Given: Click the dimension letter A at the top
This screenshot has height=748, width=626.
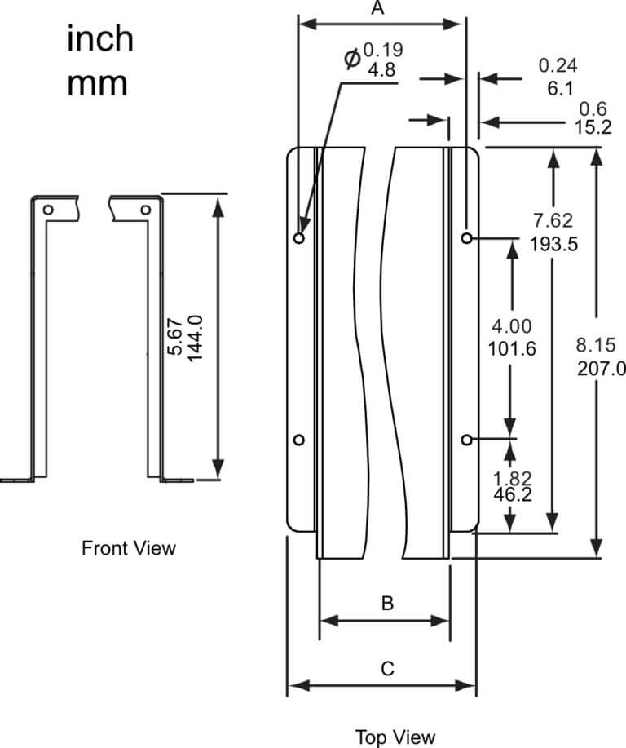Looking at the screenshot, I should [377, 9].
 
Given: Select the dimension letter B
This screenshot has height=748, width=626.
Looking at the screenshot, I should [387, 604].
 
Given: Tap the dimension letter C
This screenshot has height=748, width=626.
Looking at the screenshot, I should [387, 670].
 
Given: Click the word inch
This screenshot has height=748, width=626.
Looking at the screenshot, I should [100, 40].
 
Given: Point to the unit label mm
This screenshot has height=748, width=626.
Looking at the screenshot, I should [97, 83].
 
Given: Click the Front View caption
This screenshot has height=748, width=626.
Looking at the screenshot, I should [129, 548].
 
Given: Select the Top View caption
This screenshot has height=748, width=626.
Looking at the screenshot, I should [395, 737].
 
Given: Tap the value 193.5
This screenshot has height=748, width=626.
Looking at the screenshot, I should [553, 243].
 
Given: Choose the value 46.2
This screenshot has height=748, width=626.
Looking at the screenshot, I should [513, 494].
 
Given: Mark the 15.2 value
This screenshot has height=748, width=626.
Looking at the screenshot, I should [593, 127].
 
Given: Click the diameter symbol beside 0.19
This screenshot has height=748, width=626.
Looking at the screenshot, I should [352, 59].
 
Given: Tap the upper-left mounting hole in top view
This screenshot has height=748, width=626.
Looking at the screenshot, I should [299, 238].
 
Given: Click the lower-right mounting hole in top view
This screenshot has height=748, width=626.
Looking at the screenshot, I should [466, 440].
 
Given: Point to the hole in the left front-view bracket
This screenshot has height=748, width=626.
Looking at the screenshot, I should [49, 210].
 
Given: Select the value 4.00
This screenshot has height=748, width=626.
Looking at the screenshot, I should [512, 327].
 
